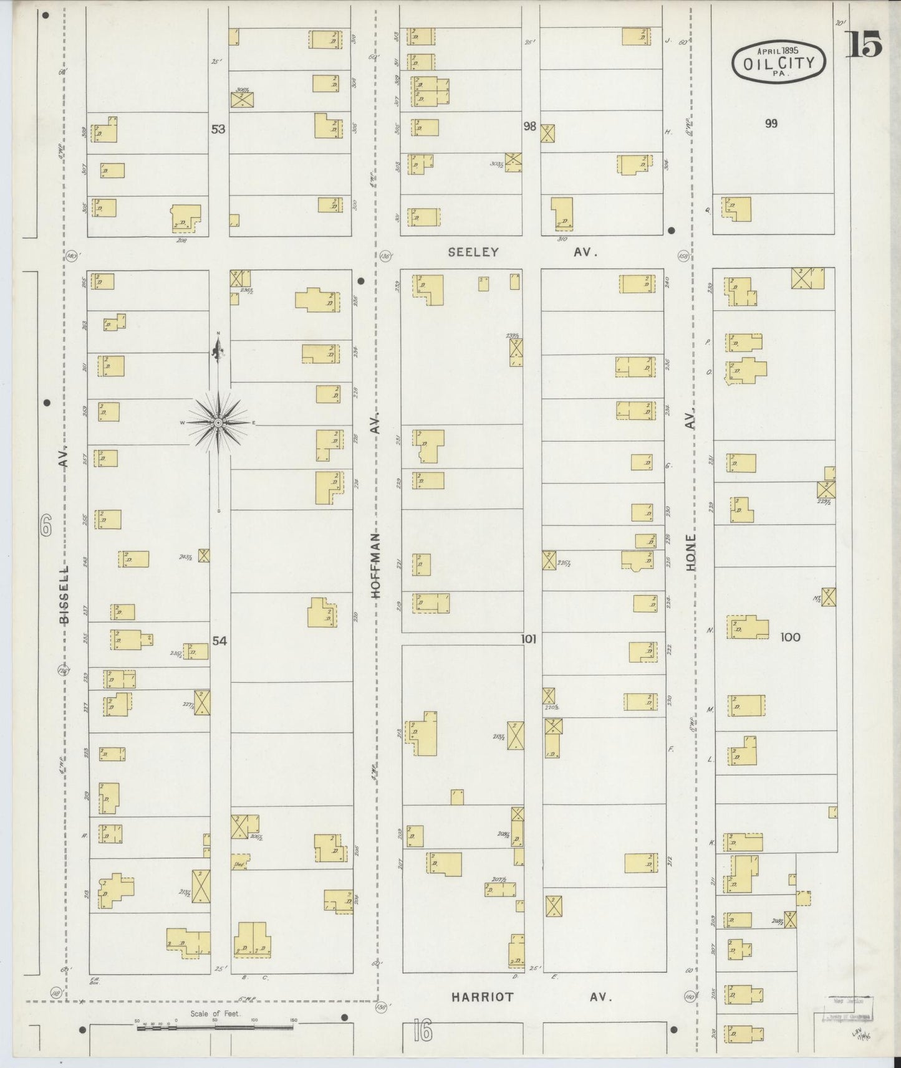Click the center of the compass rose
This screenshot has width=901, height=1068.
[x=218, y=423]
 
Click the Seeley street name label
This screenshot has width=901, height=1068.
[x=473, y=252]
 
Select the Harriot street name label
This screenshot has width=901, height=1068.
[x=483, y=997]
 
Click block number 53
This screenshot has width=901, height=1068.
[x=218, y=129]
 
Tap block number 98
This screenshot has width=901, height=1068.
[x=529, y=126]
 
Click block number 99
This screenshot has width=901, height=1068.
[x=771, y=123]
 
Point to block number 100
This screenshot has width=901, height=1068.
[x=789, y=637]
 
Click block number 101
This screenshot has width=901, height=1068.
[x=529, y=638]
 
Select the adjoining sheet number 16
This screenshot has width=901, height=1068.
[x=422, y=1032]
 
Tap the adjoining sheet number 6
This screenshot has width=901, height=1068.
[x=45, y=527]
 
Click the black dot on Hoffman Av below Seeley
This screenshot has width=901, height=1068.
[x=360, y=281]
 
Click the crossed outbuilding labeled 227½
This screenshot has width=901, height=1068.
[x=202, y=702]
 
